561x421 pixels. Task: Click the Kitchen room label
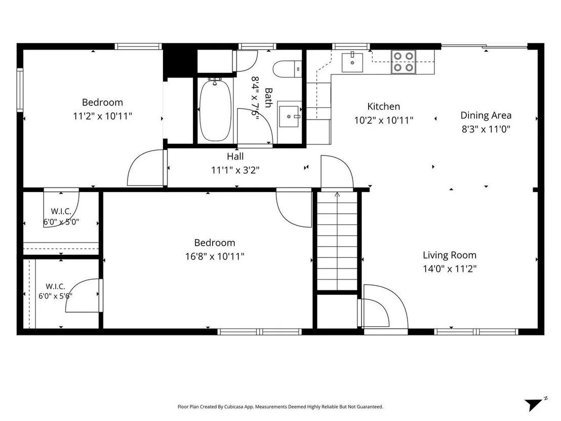tap(384, 107)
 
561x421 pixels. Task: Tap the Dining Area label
tap(486, 116)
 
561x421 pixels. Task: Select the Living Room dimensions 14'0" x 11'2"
tap(450, 269)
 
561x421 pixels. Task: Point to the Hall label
tap(235, 157)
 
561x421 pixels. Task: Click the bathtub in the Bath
tap(215, 110)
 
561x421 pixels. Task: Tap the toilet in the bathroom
tap(287, 69)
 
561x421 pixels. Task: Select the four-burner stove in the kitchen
tap(404, 62)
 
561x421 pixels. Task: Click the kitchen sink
tap(352, 62)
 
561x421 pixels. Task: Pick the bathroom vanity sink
tap(289, 117)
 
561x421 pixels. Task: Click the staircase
tap(337, 241)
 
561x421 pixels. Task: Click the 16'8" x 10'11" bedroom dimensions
tap(215, 257)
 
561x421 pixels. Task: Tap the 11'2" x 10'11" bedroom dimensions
tap(103, 117)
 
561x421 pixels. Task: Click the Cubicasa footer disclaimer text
tap(280, 407)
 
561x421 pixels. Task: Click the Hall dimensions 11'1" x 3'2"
tap(235, 170)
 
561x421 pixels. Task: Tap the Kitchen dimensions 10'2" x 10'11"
tap(384, 120)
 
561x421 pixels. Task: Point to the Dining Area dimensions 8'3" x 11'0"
tap(486, 129)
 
